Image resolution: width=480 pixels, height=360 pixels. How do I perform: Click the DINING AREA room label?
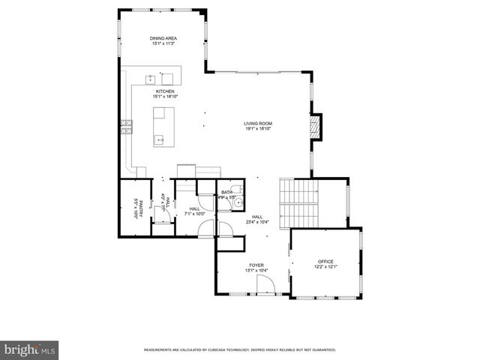pos(163,37)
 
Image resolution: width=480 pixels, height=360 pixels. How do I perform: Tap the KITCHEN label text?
pos(164,91)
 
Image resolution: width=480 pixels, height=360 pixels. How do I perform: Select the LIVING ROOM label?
pos(257,123)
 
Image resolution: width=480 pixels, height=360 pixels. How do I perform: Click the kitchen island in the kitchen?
pos(163,127)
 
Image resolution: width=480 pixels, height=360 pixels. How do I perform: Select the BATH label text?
pos(226,192)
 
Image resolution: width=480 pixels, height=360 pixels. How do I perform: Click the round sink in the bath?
pos(237,202)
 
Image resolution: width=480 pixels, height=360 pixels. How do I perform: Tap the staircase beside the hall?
pos(298,203)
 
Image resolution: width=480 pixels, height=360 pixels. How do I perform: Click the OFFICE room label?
pos(325,262)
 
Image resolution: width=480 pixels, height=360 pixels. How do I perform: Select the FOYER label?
pos(256,265)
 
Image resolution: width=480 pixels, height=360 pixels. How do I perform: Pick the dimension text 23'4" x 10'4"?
pos(257,222)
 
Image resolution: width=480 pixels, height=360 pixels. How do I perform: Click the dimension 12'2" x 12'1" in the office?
pos(325,267)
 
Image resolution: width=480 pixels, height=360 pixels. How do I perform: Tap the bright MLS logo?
pos(29,349)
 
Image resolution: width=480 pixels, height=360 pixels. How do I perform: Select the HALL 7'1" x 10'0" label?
pos(194,211)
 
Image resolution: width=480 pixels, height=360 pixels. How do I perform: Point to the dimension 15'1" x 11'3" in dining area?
pos(163,43)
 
